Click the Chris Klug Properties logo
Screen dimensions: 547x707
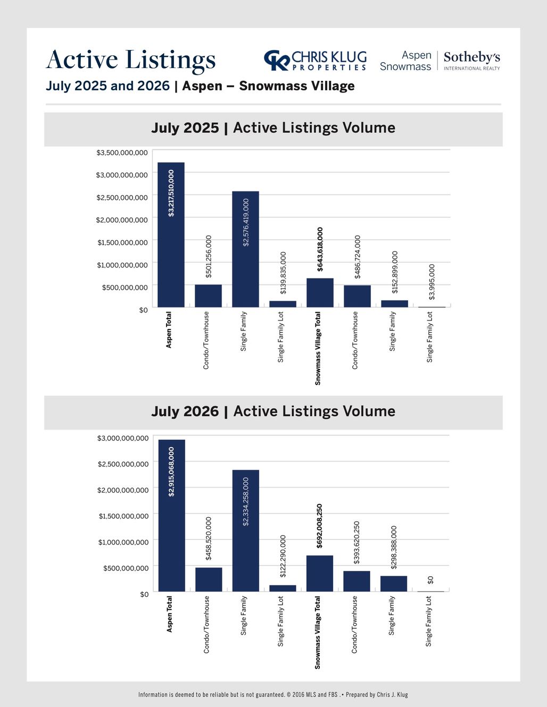[x=315, y=61]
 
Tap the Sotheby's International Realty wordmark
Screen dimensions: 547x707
[x=472, y=61]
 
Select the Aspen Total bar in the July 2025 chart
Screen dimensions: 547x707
[x=171, y=234]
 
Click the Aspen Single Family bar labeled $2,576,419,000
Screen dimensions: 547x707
[x=245, y=249]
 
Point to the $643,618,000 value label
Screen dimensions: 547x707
[x=320, y=249]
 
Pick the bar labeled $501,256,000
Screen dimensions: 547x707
[x=209, y=296]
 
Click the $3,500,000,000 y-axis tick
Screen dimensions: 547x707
[x=122, y=152]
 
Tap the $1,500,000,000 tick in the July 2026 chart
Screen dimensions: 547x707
[x=124, y=516]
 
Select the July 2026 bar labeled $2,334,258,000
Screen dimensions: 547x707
[x=245, y=531]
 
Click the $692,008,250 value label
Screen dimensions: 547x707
[x=319, y=526]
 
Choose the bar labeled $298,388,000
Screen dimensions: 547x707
[x=394, y=584]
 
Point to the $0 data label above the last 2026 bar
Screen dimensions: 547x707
[x=430, y=580]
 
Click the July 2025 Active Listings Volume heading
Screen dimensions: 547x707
[x=273, y=128]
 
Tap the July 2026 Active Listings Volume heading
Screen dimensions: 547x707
[x=273, y=411]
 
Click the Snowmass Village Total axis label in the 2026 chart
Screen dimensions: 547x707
[x=318, y=632]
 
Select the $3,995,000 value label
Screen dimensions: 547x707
[x=432, y=282]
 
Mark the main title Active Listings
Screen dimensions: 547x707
[x=130, y=60]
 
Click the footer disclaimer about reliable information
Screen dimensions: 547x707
[x=273, y=695]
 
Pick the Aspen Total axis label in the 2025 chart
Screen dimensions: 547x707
[x=169, y=330]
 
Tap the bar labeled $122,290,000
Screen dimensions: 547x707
[x=283, y=588]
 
